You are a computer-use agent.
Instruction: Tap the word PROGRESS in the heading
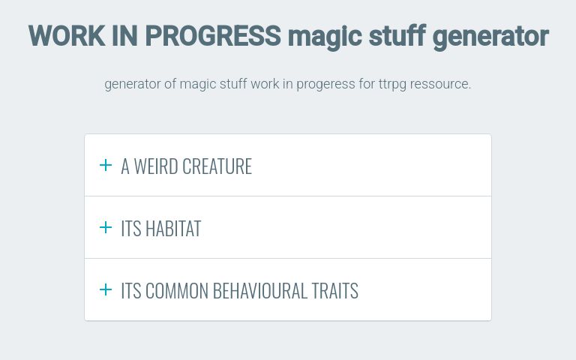(x=213, y=36)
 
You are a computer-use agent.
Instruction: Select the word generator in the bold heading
(x=490, y=36)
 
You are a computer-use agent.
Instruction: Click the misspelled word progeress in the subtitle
(x=325, y=84)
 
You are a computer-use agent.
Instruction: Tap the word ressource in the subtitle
(x=444, y=84)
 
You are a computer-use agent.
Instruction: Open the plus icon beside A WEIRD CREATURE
(x=106, y=166)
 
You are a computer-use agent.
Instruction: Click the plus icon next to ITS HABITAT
(x=106, y=227)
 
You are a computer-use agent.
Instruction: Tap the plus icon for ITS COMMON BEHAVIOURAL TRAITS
(x=106, y=289)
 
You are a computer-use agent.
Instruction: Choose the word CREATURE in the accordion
(x=218, y=166)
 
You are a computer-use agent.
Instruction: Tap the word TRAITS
(x=334, y=291)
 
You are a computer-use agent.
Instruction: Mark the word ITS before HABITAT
(x=130, y=229)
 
